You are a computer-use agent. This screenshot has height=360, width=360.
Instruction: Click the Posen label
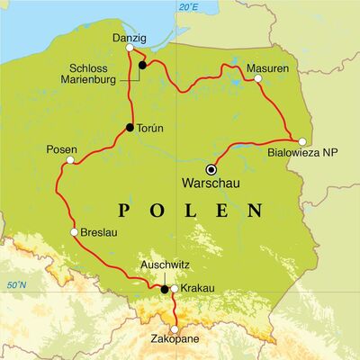[x=60, y=149]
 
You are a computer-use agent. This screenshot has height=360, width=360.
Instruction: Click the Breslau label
[x=98, y=232]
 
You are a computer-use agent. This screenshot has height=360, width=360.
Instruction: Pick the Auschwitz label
[x=164, y=266]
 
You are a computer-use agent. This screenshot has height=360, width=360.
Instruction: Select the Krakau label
[x=198, y=289]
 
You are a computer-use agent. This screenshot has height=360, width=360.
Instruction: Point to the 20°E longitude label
[x=187, y=7]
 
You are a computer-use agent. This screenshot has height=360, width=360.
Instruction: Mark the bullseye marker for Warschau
[x=211, y=169]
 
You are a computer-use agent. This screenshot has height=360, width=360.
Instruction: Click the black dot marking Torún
[x=130, y=128]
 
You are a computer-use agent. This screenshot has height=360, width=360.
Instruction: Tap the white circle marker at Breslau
[x=73, y=232]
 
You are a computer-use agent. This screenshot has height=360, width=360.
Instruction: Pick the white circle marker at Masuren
[x=258, y=78]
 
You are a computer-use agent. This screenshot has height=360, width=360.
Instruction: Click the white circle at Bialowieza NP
[x=302, y=141]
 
